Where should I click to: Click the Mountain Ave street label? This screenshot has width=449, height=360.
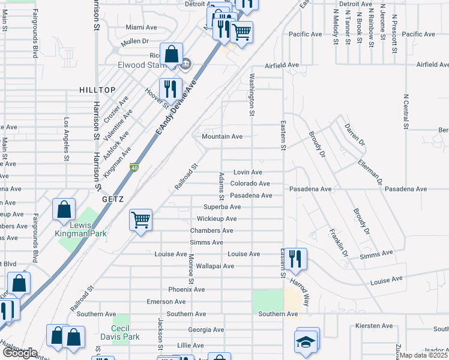(221, 137)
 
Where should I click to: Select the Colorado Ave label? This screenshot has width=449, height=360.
(250, 184)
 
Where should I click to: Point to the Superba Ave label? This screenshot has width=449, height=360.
(221, 207)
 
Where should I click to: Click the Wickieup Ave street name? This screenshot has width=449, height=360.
(217, 219)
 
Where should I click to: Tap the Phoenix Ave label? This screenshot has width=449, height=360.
(186, 289)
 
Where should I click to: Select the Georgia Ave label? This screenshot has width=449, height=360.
(206, 330)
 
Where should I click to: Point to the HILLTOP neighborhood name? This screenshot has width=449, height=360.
(97, 90)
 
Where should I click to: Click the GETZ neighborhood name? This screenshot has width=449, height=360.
(112, 198)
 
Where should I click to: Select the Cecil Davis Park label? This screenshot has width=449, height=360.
(125, 333)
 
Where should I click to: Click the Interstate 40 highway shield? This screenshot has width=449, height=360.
(134, 168)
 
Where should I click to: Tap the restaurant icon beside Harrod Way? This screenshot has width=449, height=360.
(294, 259)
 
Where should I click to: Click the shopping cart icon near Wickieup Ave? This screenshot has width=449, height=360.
(140, 220)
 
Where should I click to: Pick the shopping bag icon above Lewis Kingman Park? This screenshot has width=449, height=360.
(64, 209)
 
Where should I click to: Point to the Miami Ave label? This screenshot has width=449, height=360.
(141, 28)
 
